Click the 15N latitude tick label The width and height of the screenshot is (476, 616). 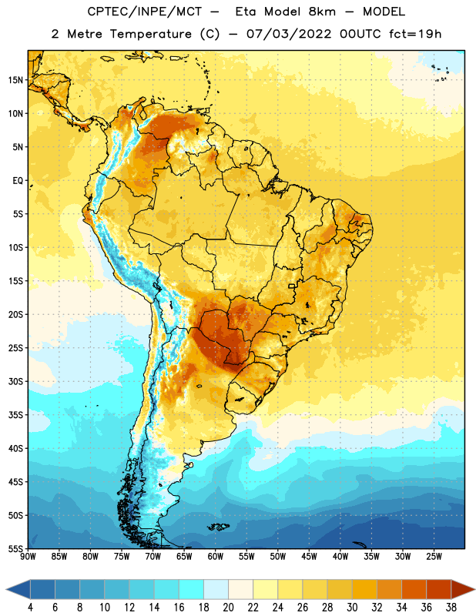15,80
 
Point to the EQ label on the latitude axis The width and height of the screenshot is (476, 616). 18,181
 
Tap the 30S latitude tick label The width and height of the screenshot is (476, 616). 16,381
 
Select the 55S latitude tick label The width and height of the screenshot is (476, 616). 16,548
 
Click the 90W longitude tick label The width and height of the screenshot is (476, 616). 28,556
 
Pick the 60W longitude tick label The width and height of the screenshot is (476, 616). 216,556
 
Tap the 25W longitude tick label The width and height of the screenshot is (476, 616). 434,556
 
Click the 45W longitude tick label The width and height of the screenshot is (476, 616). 309,556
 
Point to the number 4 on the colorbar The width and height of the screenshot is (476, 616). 30,608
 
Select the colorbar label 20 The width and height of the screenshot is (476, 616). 228,608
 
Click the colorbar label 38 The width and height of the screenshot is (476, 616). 451,608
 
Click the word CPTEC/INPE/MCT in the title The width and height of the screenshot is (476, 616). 145,12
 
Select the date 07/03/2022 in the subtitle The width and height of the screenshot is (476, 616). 289,34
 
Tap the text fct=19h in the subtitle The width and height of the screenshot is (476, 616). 415,34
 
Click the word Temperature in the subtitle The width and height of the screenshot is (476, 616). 150,34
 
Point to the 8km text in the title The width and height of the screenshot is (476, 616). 322,12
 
